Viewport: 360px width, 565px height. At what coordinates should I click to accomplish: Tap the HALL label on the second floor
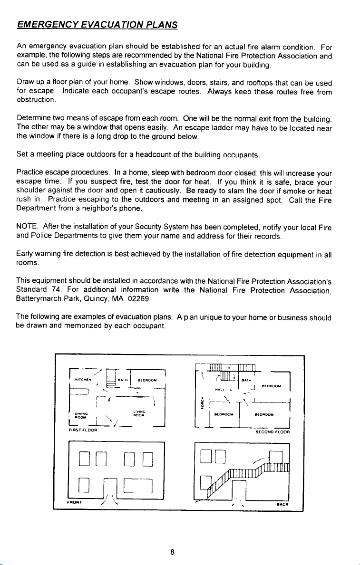[220, 390]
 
